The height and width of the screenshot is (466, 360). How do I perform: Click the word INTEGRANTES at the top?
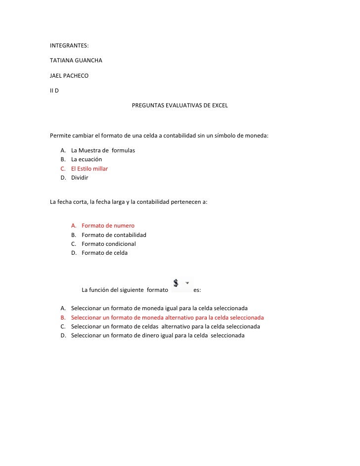click(69, 46)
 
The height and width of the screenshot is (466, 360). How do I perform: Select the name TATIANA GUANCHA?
click(77, 61)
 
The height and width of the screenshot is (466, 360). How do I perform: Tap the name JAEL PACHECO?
click(69, 76)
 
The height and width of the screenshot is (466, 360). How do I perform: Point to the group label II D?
click(54, 91)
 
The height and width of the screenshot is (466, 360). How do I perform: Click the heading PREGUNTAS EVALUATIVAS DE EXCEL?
click(180, 106)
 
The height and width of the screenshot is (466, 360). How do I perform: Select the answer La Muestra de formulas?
click(103, 150)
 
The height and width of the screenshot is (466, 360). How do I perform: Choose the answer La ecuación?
click(87, 159)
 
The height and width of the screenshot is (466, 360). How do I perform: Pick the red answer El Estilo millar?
click(90, 169)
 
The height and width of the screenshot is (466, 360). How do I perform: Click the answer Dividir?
click(80, 178)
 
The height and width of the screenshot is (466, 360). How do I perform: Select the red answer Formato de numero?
click(108, 226)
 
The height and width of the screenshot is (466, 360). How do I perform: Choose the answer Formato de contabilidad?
click(114, 235)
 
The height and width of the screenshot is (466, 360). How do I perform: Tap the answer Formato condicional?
click(108, 244)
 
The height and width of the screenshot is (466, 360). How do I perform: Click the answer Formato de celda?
click(104, 253)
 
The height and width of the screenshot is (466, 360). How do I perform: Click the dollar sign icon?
click(176, 283)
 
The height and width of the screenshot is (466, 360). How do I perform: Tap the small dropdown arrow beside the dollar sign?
click(187, 283)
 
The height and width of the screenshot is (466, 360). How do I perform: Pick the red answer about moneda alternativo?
click(167, 318)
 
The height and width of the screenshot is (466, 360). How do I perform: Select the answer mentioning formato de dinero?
click(158, 335)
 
